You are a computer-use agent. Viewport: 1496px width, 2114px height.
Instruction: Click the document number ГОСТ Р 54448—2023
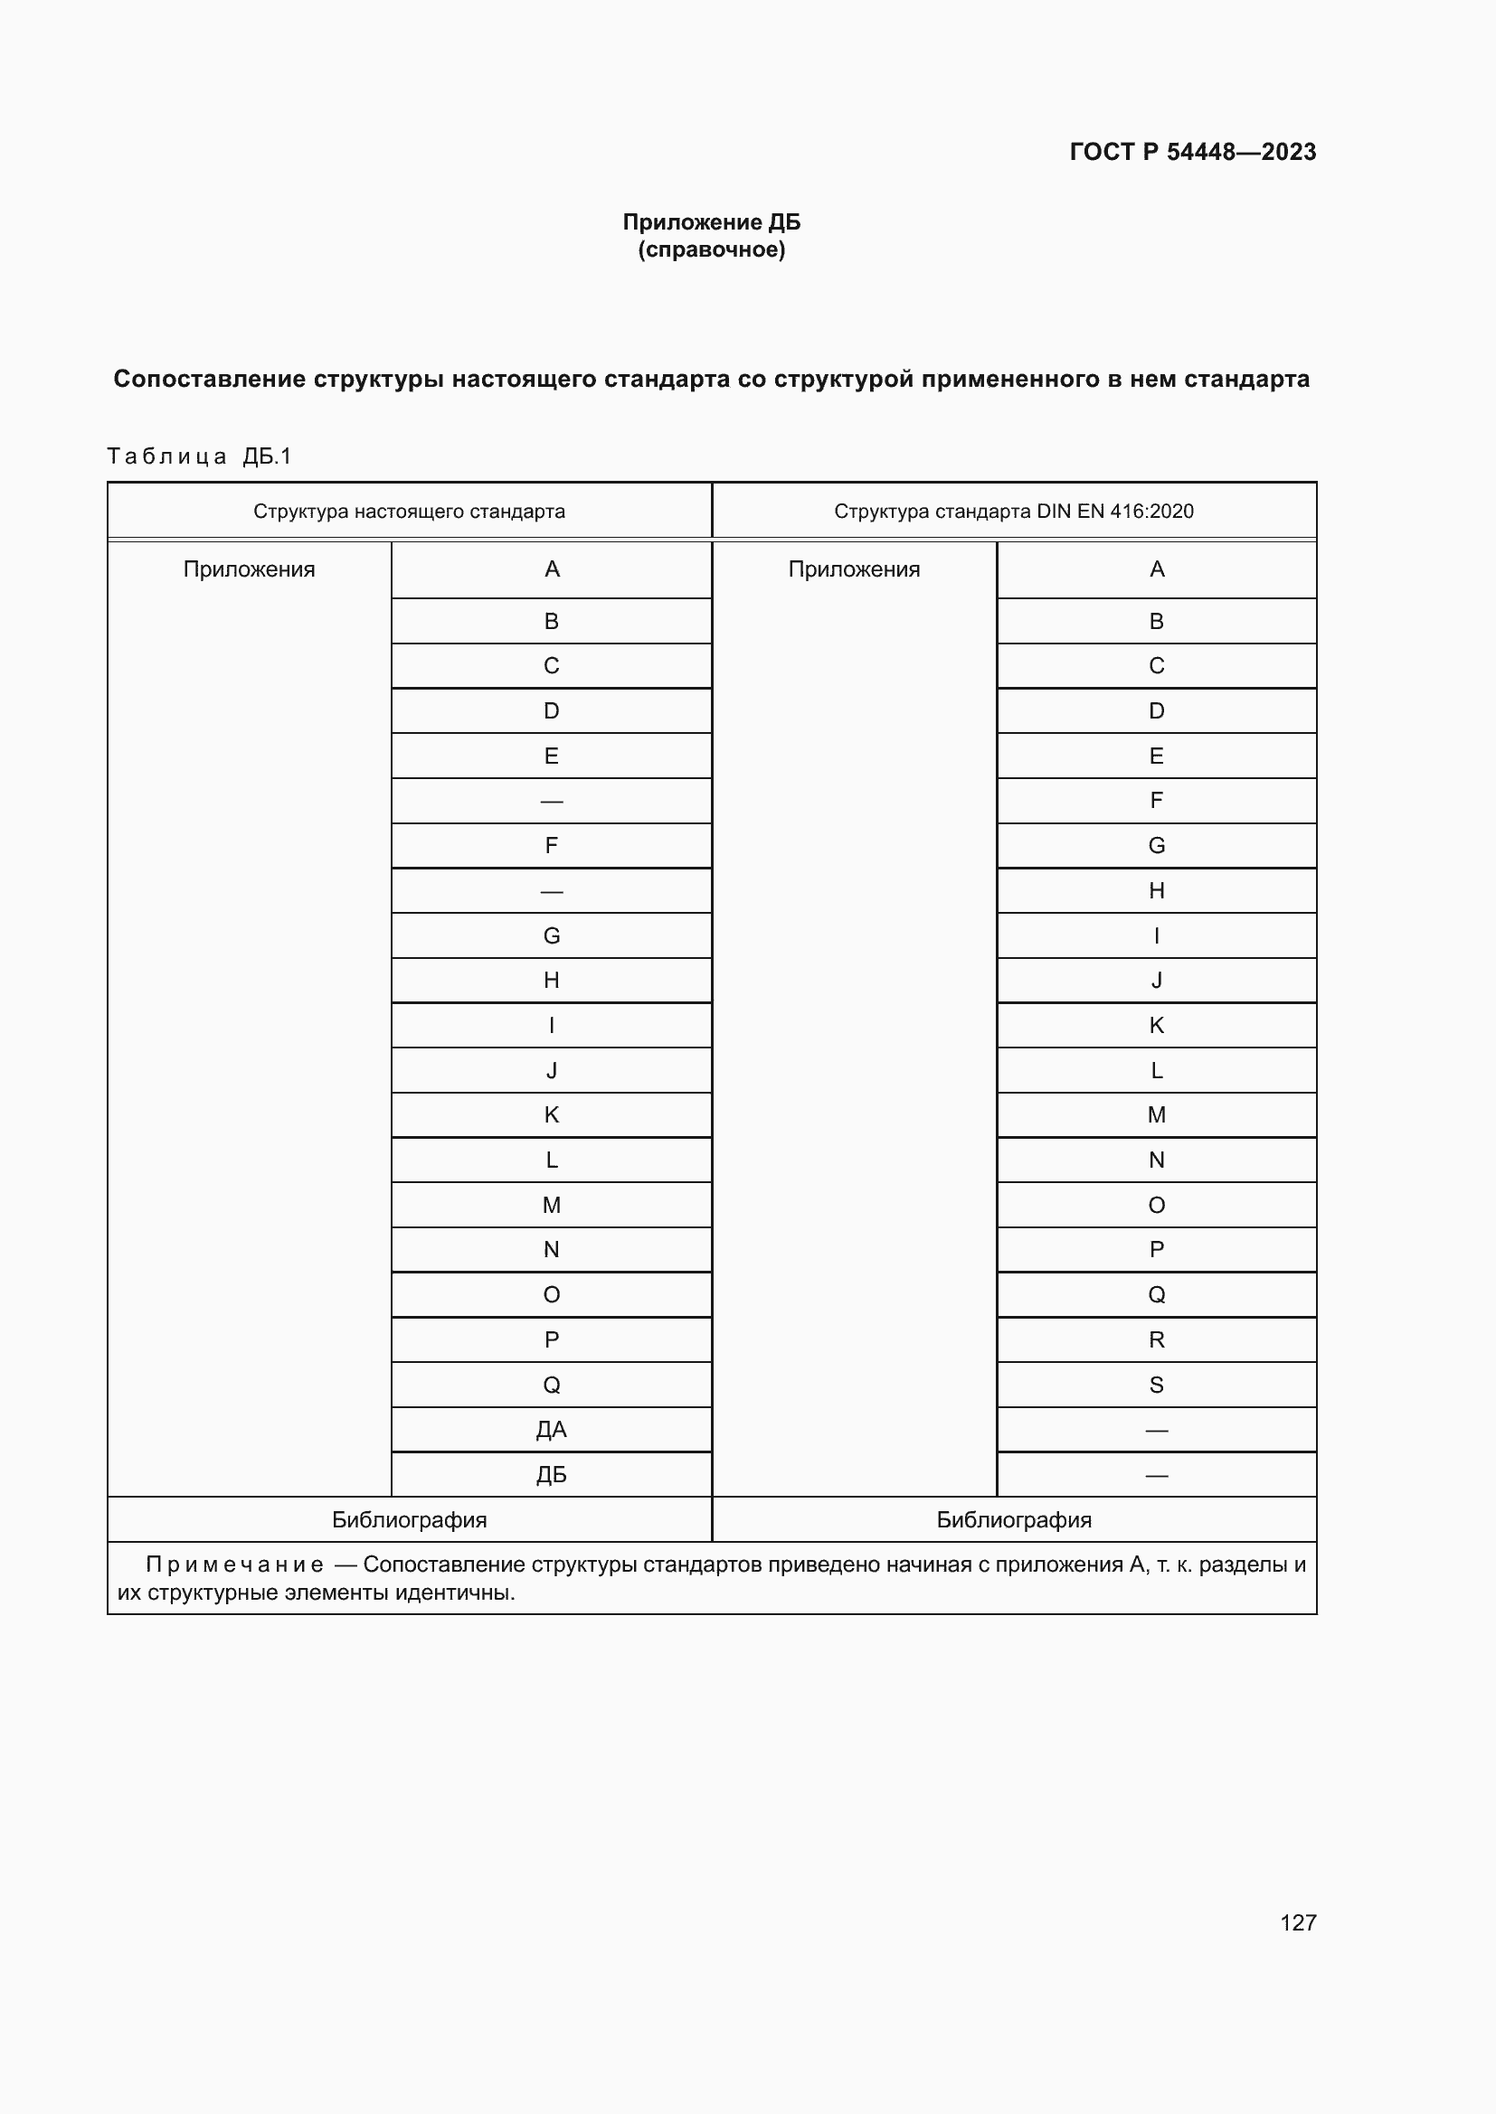click(x=1192, y=152)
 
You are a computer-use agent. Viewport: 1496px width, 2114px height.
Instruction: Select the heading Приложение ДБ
click(x=711, y=222)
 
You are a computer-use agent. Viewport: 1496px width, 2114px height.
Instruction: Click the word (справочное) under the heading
click(x=711, y=249)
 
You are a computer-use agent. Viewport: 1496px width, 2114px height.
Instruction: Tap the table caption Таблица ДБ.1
click(x=199, y=456)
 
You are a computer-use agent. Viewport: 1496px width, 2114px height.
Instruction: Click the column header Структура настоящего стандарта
click(x=409, y=511)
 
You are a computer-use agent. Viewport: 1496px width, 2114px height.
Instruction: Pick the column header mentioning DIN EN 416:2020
click(x=1013, y=511)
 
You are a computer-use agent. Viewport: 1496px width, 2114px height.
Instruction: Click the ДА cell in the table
click(x=551, y=1430)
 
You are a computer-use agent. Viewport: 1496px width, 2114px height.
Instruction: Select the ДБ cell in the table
click(x=551, y=1475)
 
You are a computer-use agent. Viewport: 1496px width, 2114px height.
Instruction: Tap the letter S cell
click(x=1156, y=1385)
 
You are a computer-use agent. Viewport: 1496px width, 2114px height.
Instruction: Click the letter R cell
click(x=1156, y=1339)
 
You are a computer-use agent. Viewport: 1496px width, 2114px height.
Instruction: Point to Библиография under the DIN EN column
click(x=1013, y=1520)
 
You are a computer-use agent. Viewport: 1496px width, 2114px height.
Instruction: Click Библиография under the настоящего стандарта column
click(x=409, y=1520)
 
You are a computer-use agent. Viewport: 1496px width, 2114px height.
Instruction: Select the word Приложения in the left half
click(x=249, y=569)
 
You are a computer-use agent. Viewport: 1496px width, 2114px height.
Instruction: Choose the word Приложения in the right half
click(x=854, y=569)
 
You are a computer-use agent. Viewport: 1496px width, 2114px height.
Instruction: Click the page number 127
click(x=1297, y=1922)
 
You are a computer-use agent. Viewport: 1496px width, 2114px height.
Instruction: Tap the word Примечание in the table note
click(x=234, y=1565)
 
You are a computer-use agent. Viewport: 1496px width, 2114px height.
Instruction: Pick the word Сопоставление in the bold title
click(x=208, y=380)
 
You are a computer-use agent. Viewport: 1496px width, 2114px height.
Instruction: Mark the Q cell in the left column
click(x=551, y=1385)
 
